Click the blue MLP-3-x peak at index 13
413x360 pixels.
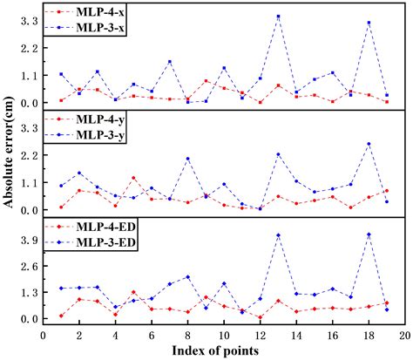(278, 17)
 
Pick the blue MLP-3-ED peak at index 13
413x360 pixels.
(278, 235)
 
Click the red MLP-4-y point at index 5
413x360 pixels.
(133, 178)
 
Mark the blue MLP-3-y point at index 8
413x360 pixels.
(187, 159)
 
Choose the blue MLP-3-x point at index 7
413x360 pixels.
(169, 62)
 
